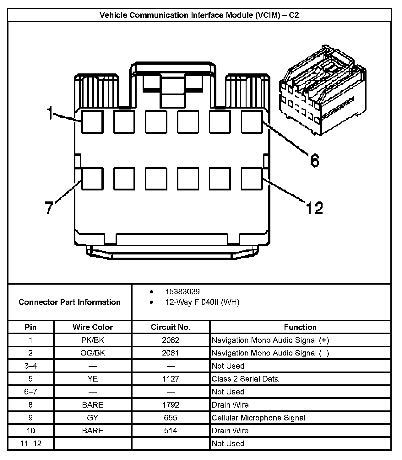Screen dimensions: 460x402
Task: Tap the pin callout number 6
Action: click(314, 161)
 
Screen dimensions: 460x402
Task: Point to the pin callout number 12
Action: click(314, 208)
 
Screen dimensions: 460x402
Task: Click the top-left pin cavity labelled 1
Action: click(92, 122)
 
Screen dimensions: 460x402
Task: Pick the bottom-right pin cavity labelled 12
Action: click(252, 179)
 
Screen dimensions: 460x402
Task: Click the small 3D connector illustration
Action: click(323, 91)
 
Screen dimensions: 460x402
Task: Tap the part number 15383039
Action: click(182, 292)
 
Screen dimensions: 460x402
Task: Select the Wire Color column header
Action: click(93, 327)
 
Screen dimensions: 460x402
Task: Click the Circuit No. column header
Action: click(171, 327)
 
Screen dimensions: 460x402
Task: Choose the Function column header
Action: click(300, 327)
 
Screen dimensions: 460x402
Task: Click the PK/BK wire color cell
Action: click(93, 340)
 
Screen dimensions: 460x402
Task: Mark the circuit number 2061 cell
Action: click(171, 353)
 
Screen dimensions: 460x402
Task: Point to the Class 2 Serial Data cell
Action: click(245, 379)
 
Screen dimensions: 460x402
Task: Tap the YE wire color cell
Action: click(93, 379)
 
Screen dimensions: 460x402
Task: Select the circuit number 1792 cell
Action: click(171, 405)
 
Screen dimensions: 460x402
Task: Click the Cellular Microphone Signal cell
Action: click(258, 418)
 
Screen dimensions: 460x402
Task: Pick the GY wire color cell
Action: click(93, 418)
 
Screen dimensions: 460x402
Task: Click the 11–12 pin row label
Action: click(31, 443)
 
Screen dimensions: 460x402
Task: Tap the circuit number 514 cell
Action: click(171, 431)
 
